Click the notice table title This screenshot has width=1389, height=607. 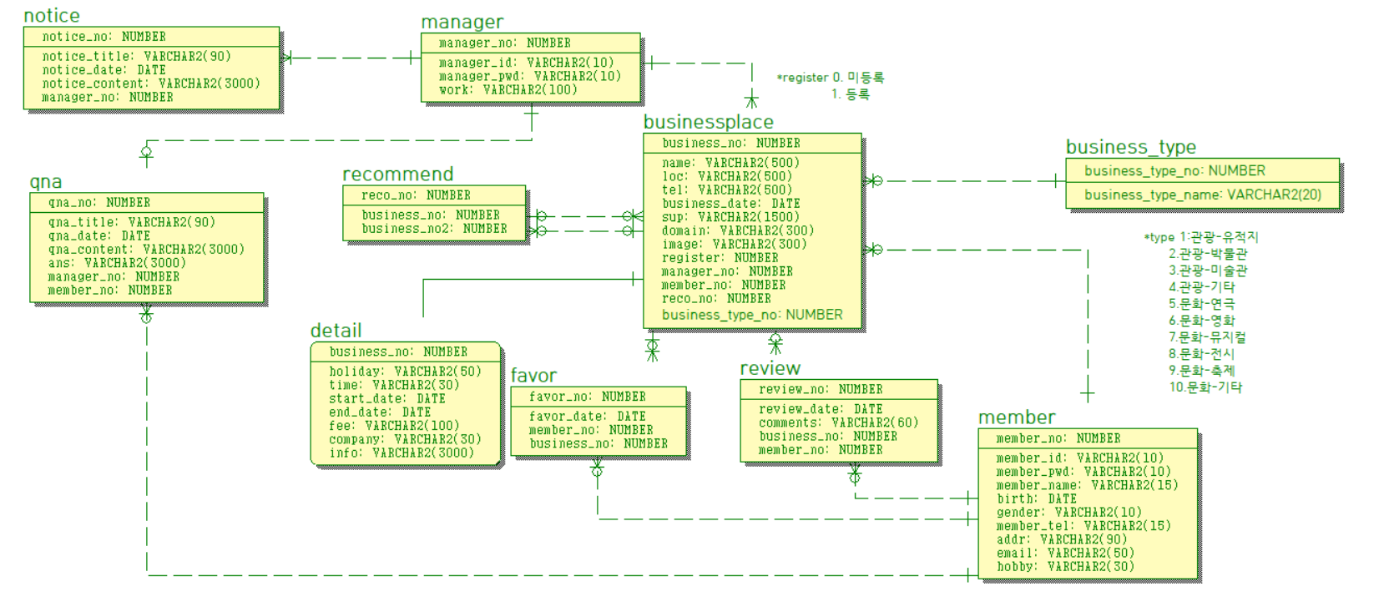tap(52, 16)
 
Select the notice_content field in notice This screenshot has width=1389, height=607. tap(151, 83)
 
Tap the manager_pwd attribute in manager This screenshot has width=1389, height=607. tap(529, 76)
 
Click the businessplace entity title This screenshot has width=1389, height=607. tap(708, 122)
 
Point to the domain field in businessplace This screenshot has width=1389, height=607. tap(737, 230)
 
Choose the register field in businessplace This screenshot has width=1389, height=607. tap(720, 258)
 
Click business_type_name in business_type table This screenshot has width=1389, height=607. tap(1202, 195)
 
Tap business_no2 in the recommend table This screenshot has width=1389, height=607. tap(434, 229)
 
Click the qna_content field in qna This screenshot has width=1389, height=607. tap(146, 250)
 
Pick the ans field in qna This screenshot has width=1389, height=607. tap(117, 263)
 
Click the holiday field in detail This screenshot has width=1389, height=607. tap(405, 372)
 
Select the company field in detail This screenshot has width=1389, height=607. tap(405, 439)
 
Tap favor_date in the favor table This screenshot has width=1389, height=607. tap(587, 417)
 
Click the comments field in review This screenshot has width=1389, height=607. tap(838, 423)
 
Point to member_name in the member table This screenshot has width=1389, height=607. tap(1087, 485)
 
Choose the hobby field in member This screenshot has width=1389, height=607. tap(1065, 566)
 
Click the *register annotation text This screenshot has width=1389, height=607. tap(830, 78)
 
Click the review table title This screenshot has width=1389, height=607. tap(770, 368)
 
